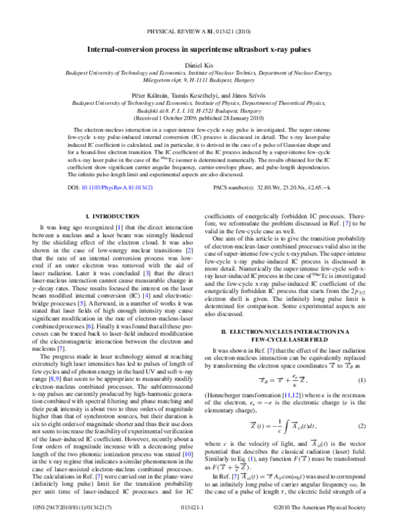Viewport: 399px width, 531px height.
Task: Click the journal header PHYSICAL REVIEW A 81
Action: [199, 31]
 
